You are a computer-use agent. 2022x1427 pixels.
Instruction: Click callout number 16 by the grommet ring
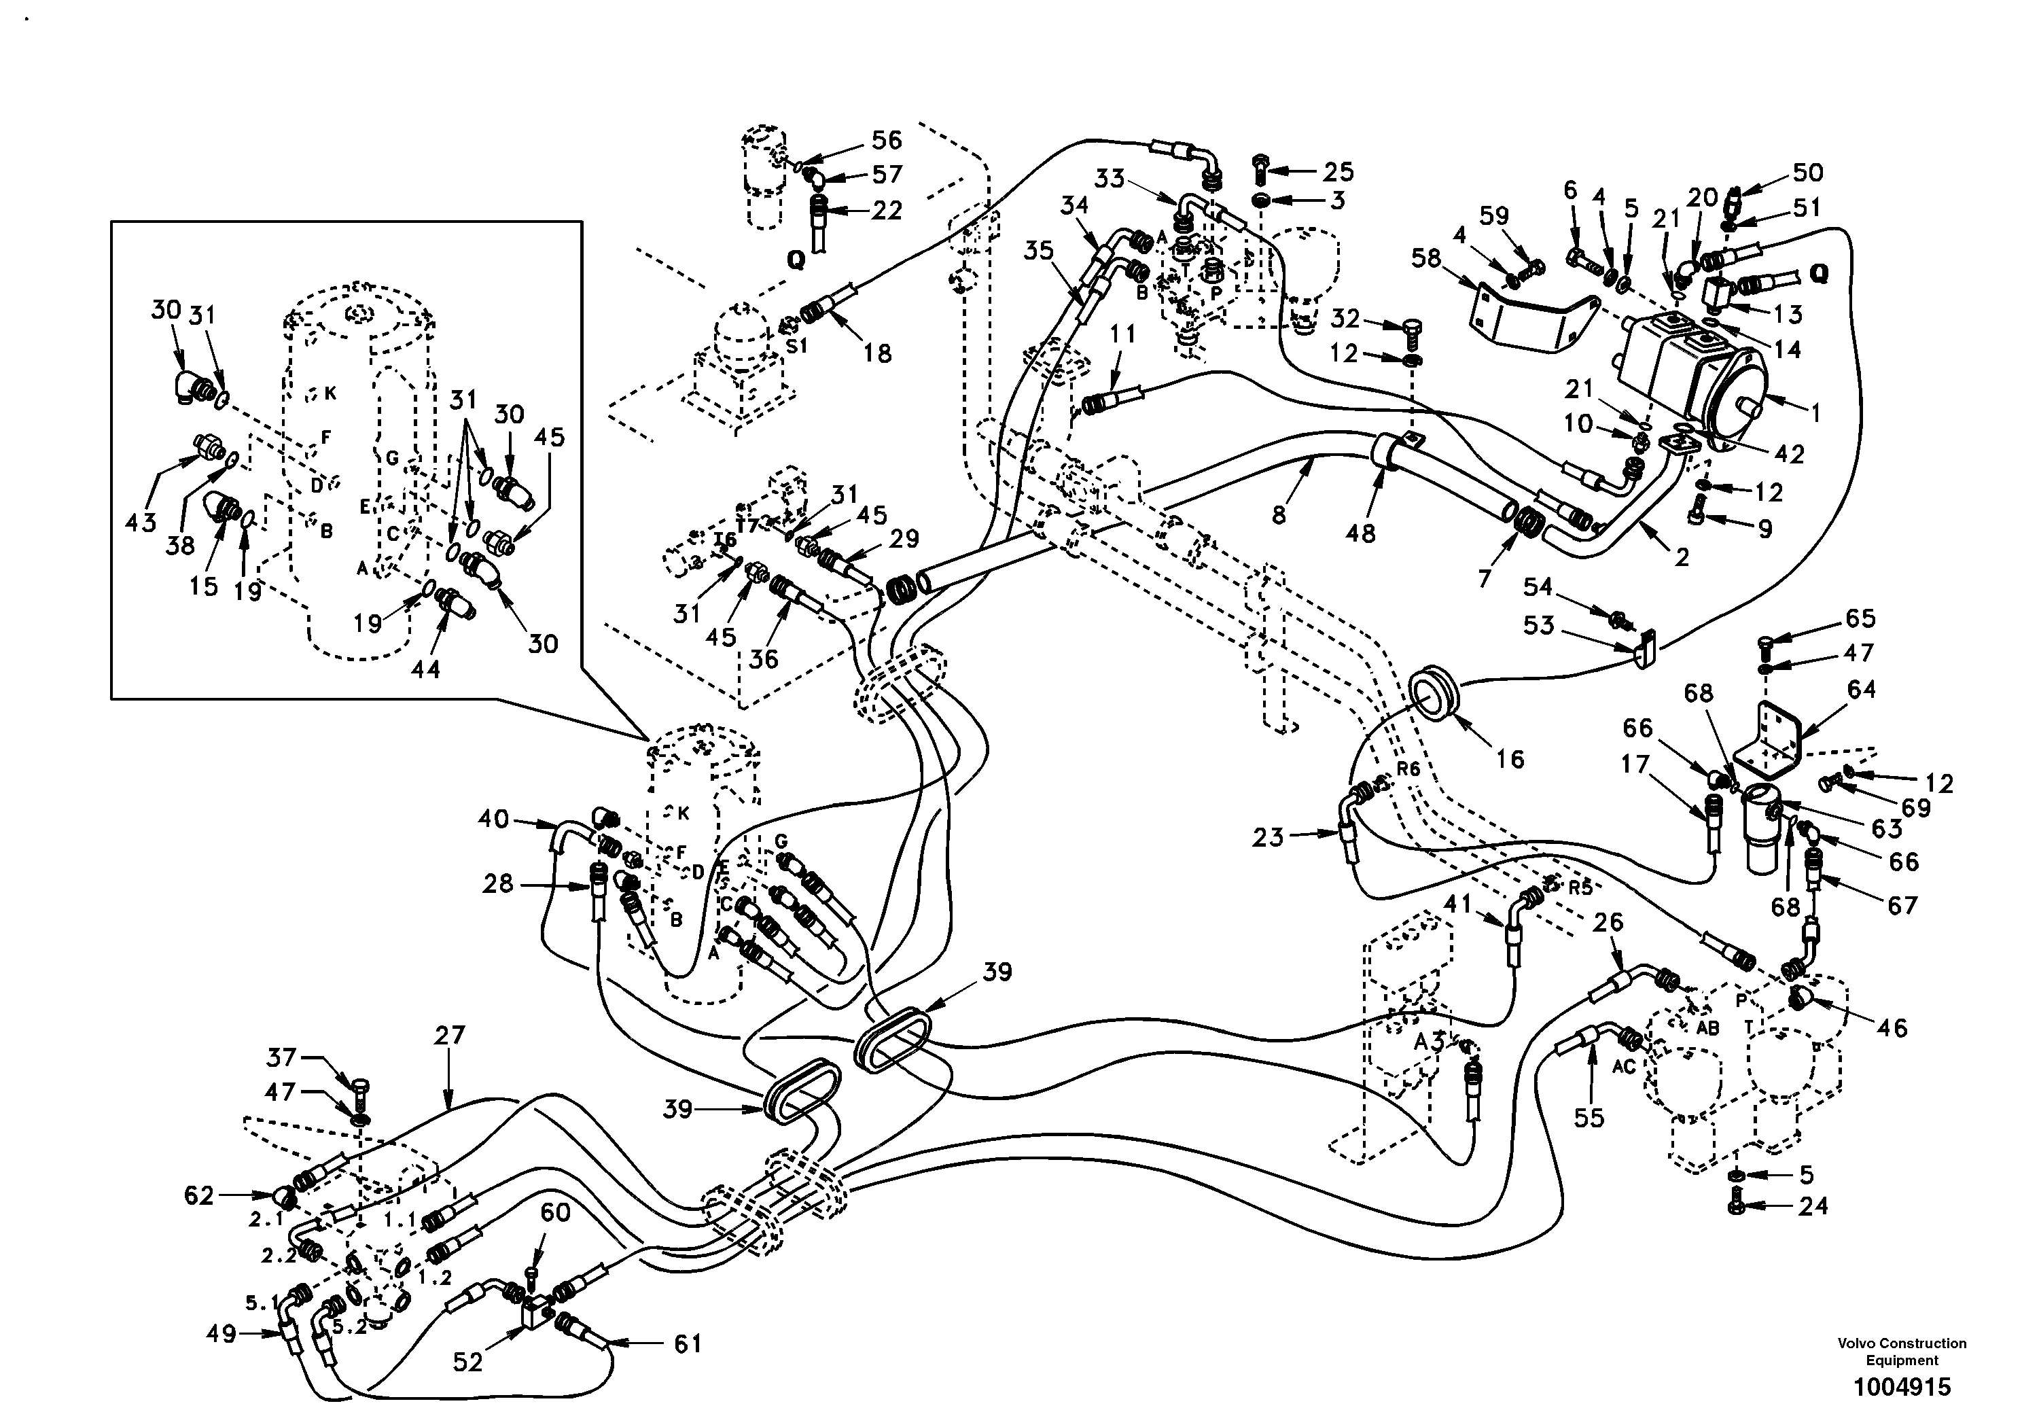[x=1510, y=758]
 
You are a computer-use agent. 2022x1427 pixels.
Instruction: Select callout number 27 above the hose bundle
[x=449, y=1035]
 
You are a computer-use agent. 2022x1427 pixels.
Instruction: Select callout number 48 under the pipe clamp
[x=1361, y=532]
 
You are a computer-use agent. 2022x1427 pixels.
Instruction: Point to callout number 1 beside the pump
[x=1814, y=411]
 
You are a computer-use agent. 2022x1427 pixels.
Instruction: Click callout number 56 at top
[x=886, y=140]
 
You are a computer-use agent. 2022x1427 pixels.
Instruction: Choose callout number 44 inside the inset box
[x=425, y=669]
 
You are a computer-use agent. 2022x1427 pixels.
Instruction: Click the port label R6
[x=1408, y=768]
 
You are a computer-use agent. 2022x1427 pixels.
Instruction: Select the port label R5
[x=1582, y=888]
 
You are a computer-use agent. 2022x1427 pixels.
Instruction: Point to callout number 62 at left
[x=199, y=1195]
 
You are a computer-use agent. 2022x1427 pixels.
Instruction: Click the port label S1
[x=796, y=346]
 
